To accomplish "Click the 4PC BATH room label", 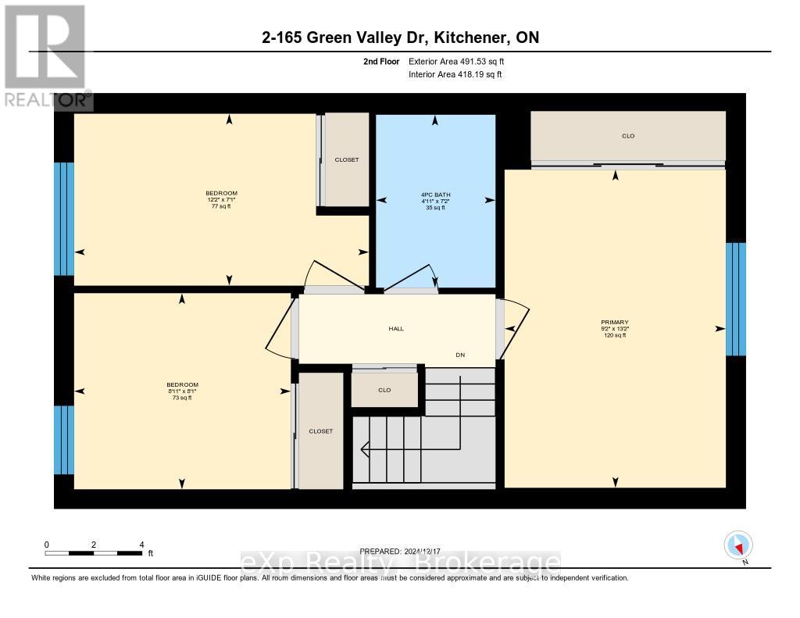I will click(x=436, y=195).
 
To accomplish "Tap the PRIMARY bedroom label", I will click(x=615, y=322).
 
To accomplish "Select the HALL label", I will click(x=396, y=329).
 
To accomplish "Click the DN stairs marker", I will click(x=461, y=355).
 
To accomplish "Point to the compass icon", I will click(x=737, y=545).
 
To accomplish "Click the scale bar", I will click(x=94, y=553).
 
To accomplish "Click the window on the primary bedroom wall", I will click(x=736, y=298).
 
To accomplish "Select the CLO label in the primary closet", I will click(x=628, y=136).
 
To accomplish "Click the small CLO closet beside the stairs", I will click(x=384, y=390).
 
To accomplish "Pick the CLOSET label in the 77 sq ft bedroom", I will click(x=347, y=159).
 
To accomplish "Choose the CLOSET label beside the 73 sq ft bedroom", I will click(x=320, y=431).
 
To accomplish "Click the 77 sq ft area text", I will click(x=221, y=206).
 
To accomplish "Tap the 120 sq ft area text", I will click(x=615, y=335).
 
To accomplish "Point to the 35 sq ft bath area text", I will click(x=436, y=208).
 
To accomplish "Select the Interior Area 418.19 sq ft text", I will click(x=455, y=74).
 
